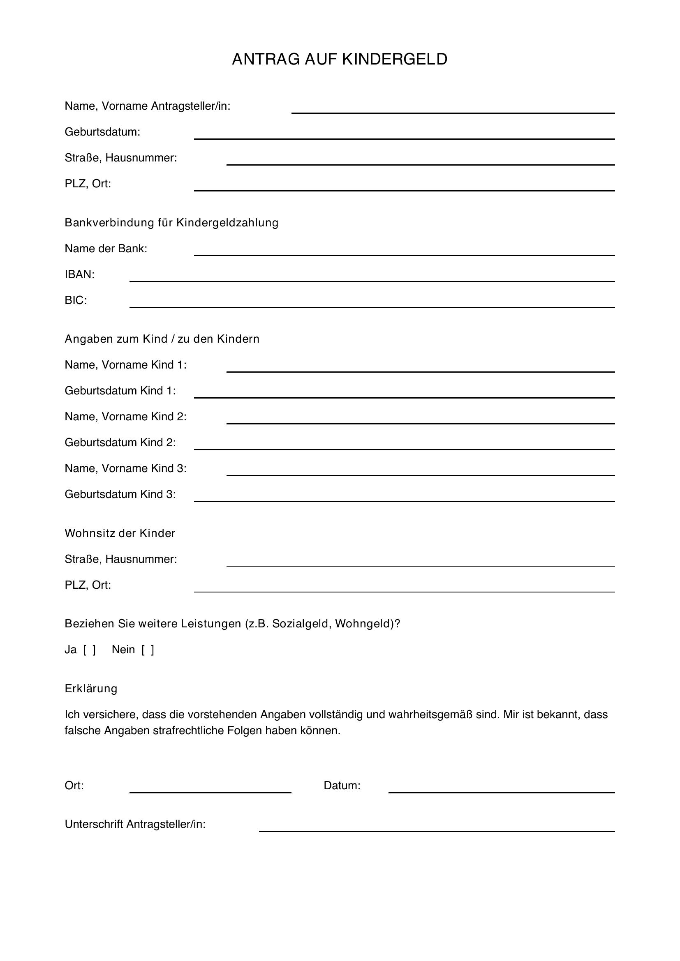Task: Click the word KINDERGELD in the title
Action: (394, 60)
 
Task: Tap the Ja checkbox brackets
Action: (89, 650)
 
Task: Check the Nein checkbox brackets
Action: (148, 650)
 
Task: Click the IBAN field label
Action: (80, 274)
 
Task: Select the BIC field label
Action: (76, 300)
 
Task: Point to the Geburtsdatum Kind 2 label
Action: (120, 442)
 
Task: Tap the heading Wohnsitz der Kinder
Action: (120, 533)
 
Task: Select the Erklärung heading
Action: (91, 689)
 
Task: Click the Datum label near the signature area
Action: (342, 786)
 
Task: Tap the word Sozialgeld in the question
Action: (300, 624)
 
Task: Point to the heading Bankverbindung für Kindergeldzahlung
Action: (171, 223)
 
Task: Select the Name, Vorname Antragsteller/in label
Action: (148, 106)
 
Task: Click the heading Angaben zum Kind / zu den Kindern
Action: (162, 339)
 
